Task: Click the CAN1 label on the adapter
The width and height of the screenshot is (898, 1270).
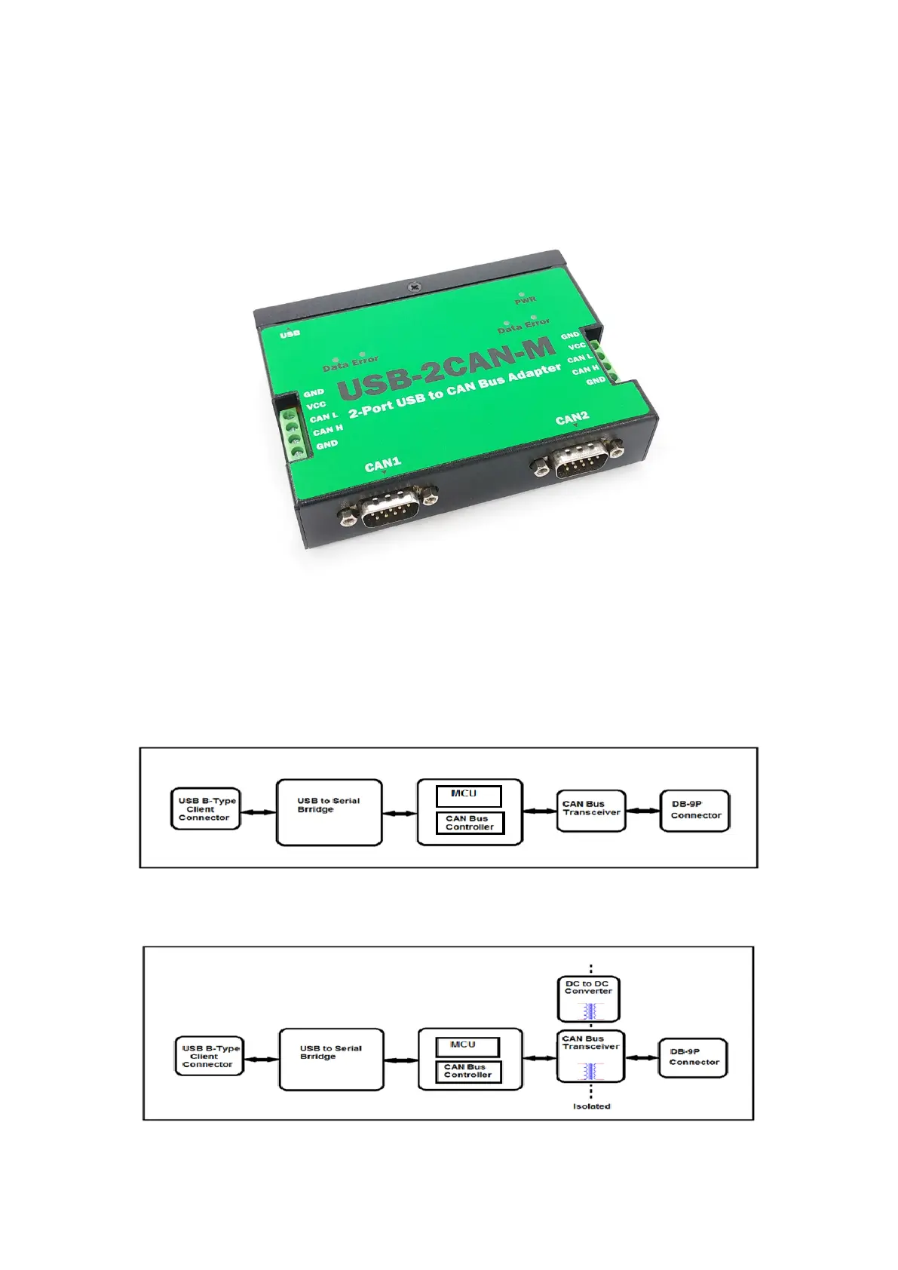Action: tap(382, 465)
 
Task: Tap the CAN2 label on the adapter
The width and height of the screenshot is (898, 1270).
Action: tap(572, 419)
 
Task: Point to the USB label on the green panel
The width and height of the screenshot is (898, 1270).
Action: tap(290, 333)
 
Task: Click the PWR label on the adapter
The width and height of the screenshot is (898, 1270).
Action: tap(526, 301)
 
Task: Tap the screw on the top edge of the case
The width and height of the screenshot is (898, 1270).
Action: tap(413, 287)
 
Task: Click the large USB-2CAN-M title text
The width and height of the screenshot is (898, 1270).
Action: tap(448, 370)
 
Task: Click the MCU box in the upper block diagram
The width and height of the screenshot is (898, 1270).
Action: tap(468, 795)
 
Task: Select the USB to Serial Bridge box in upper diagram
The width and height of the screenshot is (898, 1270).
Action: tap(329, 812)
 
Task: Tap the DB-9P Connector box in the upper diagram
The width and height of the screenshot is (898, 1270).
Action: tap(695, 811)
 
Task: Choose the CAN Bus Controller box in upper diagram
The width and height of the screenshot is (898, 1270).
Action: tap(470, 823)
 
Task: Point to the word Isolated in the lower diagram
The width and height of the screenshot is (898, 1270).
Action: tap(592, 1106)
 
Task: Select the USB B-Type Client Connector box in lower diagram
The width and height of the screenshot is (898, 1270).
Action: tap(208, 1056)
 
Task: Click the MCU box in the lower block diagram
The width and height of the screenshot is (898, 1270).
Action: tap(467, 1046)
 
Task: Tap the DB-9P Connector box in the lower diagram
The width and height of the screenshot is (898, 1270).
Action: tap(693, 1057)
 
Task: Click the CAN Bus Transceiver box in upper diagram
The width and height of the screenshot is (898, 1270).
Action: tap(591, 811)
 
